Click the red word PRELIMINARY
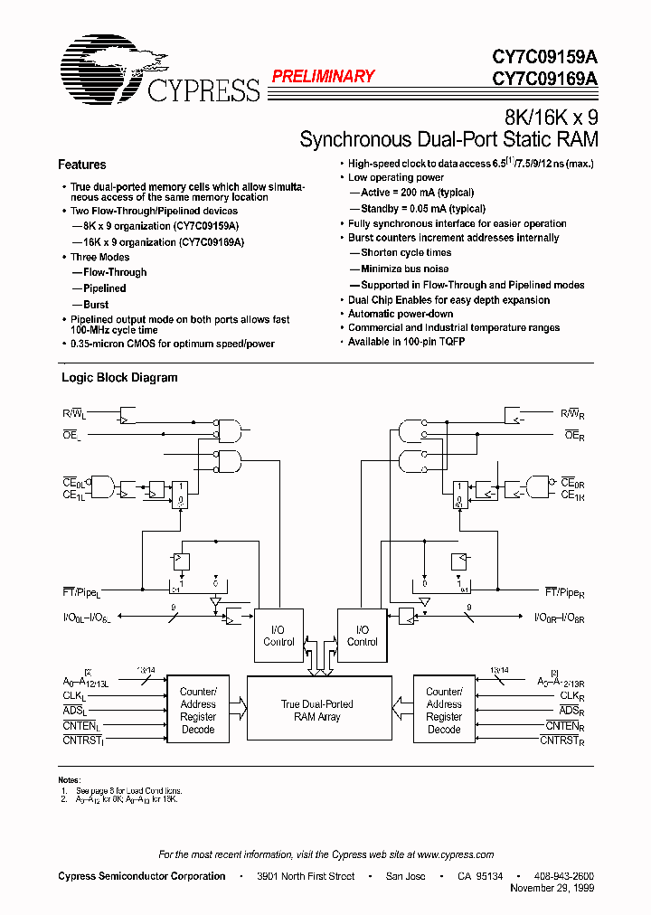tap(323, 77)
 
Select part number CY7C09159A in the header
tap(545, 57)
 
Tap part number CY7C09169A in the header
tap(545, 79)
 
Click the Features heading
tap(81, 165)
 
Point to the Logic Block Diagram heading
tap(119, 378)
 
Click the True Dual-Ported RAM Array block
tap(317, 711)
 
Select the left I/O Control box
tap(278, 636)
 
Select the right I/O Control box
tap(363, 636)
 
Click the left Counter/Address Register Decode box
tap(198, 711)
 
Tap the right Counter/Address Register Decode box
tap(444, 711)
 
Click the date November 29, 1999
tap(552, 889)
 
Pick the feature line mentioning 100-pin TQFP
tap(409, 342)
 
